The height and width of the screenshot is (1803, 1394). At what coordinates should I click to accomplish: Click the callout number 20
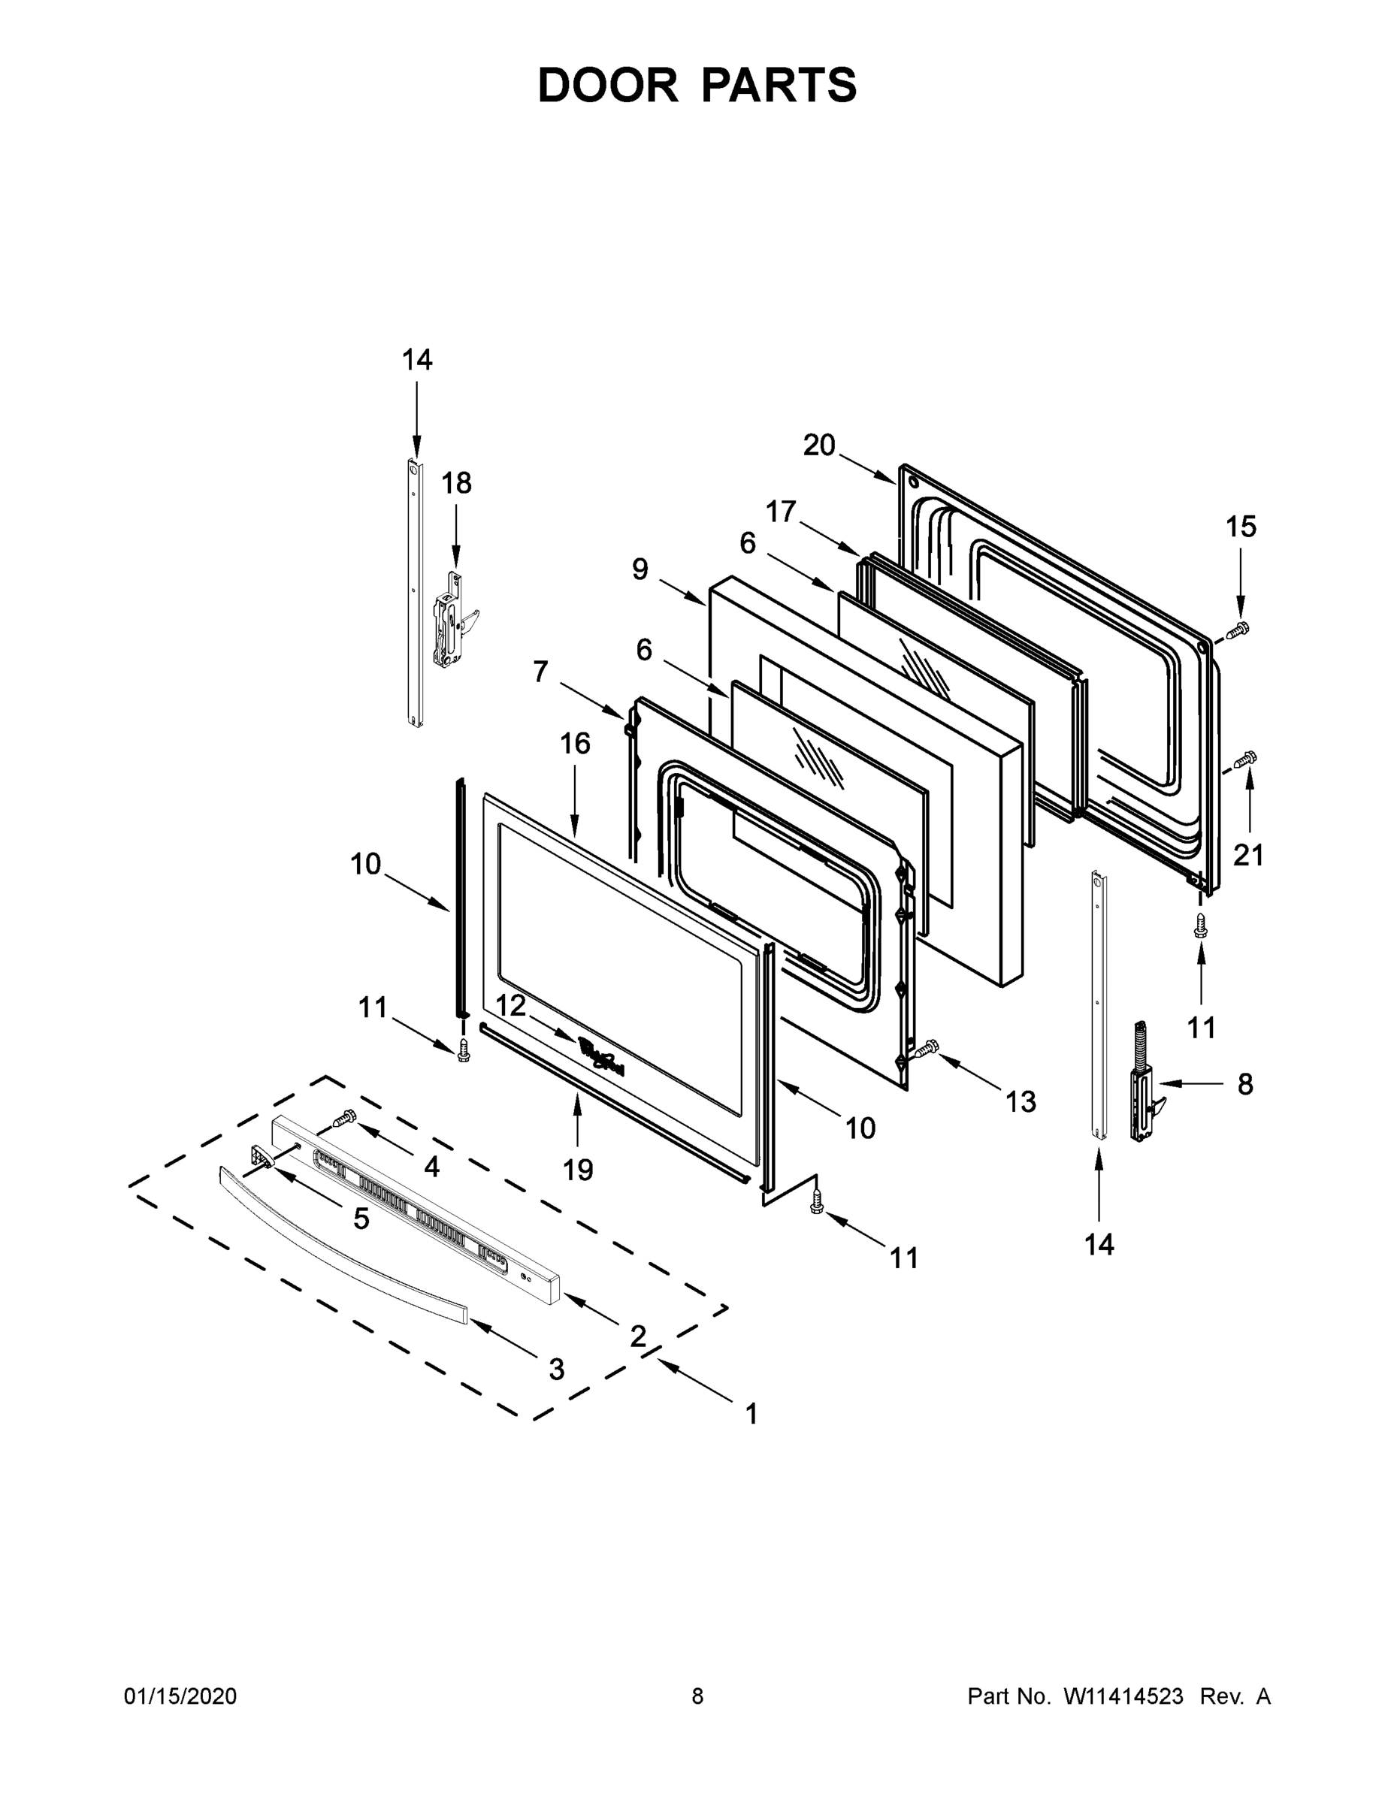coord(819,445)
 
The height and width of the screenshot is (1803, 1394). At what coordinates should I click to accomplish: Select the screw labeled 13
coord(926,1049)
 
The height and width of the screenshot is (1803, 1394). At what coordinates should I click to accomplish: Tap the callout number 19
coord(578,1169)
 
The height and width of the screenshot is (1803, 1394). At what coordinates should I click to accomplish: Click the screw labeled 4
coord(343,1119)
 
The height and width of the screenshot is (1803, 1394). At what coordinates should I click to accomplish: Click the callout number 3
coord(557,1369)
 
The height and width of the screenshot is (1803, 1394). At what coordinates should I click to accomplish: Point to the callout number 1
coord(751,1414)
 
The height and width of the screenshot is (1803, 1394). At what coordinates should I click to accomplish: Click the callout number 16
coord(576,744)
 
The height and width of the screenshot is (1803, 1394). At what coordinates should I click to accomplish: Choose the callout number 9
coord(640,569)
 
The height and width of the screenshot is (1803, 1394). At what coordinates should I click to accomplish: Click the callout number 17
coord(780,512)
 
